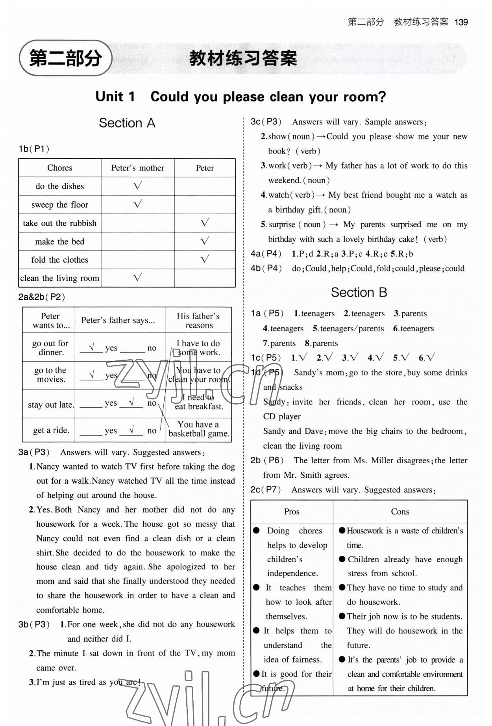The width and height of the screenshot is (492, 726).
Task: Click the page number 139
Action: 461,22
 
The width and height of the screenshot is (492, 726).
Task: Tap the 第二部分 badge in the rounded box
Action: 65,58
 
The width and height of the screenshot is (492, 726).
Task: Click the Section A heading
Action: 127,123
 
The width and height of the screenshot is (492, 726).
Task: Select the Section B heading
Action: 359,292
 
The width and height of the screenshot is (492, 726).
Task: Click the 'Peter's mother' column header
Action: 137,168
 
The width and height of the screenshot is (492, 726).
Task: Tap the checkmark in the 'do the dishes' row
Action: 137,186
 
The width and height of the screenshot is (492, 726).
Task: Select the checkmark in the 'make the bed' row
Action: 205,241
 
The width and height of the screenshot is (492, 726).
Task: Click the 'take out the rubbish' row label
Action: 59,223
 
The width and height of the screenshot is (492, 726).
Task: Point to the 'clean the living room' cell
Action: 59,278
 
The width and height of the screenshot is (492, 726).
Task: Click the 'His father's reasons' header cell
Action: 198,320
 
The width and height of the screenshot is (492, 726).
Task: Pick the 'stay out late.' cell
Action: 50,405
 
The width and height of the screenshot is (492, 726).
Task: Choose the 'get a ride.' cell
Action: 51,430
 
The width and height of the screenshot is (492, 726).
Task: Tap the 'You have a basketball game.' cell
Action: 199,429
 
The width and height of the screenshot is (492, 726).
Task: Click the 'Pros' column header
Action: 292,511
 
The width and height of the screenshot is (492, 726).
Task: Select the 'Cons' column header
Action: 400,511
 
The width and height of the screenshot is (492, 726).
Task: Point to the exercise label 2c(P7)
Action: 266,490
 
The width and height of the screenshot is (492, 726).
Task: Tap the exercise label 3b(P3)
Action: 34,624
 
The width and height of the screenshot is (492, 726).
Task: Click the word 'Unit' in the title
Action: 109,97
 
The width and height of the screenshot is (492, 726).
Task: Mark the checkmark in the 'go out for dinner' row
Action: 92,347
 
